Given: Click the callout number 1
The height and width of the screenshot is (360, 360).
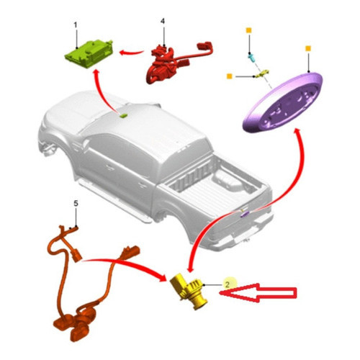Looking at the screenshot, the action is tap(76, 25).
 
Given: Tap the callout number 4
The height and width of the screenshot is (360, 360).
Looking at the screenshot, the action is tap(163, 21).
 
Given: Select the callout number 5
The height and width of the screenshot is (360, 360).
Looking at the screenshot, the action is tap(76, 204).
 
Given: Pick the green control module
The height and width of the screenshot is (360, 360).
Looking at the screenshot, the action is tap(89, 54).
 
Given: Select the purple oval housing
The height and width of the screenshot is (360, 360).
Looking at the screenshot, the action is tap(283, 102).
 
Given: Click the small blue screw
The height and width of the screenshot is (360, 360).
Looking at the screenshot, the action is tap(252, 58).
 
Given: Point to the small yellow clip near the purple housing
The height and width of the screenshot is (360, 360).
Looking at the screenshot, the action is tap(263, 73).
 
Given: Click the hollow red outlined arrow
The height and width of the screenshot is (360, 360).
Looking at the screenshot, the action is tap(258, 292).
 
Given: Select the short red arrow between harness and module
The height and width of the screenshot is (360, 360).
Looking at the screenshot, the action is tap(132, 52).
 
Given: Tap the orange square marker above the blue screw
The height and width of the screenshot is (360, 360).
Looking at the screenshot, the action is tap(249, 30).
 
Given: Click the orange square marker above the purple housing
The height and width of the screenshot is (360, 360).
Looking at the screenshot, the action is tap(308, 48).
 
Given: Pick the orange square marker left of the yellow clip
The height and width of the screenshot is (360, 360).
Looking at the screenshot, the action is tap(230, 76).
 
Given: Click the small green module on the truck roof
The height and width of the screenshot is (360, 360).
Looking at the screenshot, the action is tap(123, 115).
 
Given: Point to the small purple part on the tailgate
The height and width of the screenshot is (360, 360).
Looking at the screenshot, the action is tap(245, 214).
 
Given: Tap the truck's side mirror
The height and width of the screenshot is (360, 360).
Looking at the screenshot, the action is tap(85, 144).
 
